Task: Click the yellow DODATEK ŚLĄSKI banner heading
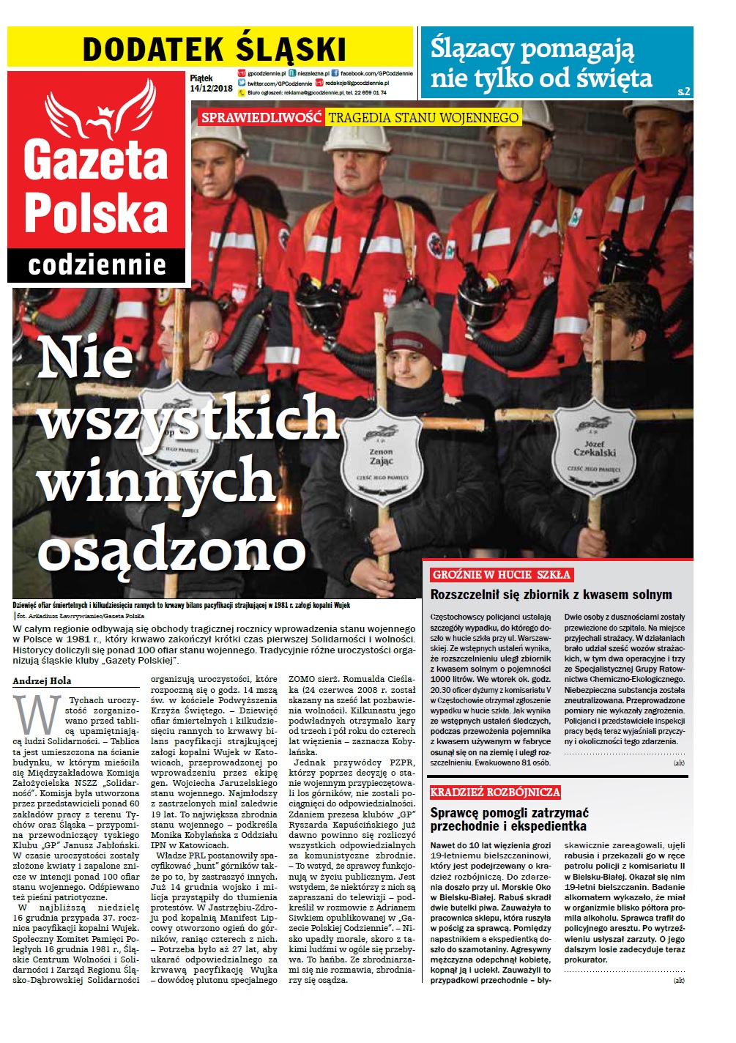(214, 49)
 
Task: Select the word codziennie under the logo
(97, 264)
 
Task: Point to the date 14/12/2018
(211, 89)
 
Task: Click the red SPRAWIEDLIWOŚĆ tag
(261, 117)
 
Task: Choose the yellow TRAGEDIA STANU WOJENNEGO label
(423, 117)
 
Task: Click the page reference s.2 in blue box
(684, 92)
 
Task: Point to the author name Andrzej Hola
(42, 681)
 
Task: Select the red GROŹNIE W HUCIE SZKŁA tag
(501, 574)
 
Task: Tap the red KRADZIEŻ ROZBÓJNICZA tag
(495, 792)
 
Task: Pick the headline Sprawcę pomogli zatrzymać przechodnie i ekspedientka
(509, 820)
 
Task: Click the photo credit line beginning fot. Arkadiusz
(81, 616)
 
